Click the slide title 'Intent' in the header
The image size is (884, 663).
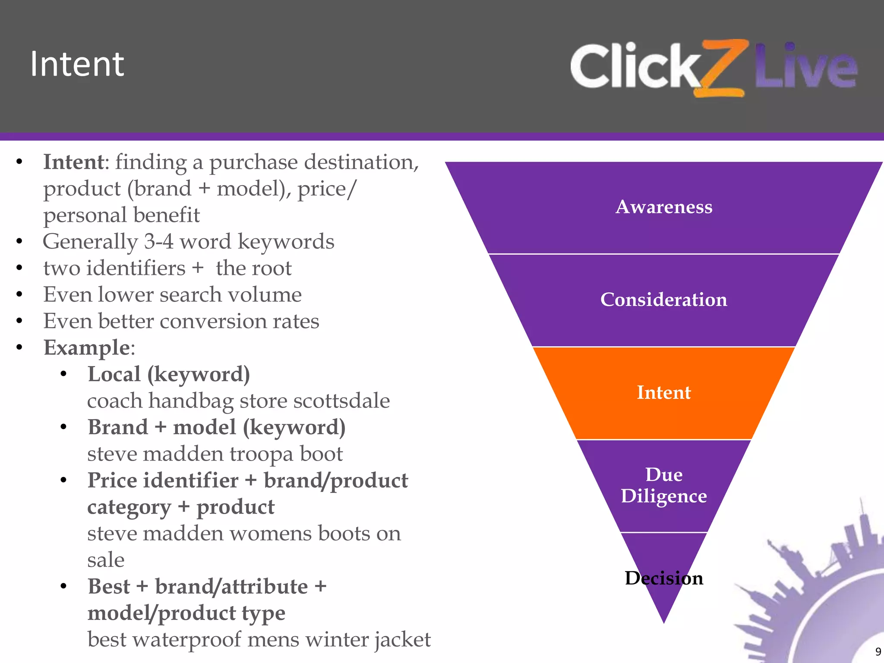[77, 64]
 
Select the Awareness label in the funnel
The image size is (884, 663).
[664, 207]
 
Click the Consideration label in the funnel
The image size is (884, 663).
[664, 300]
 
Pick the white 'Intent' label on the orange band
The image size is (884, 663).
[664, 392]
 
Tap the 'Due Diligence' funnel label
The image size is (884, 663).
[664, 485]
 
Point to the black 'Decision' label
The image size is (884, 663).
[664, 578]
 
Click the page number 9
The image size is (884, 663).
[878, 651]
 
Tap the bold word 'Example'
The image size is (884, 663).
[87, 347]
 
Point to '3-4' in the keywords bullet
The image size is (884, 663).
[159, 241]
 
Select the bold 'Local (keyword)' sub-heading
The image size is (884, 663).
[169, 374]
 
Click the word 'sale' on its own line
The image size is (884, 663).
[106, 560]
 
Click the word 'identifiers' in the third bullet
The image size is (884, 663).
[136, 268]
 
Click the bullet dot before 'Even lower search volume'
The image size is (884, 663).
[19, 295]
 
